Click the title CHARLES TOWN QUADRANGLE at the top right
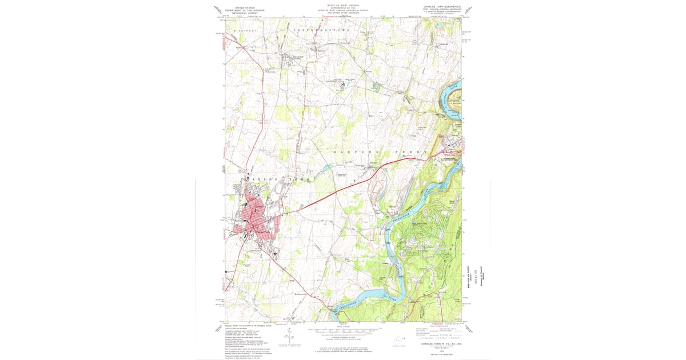click(x=440, y=7)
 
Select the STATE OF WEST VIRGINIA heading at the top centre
click(x=343, y=5)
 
